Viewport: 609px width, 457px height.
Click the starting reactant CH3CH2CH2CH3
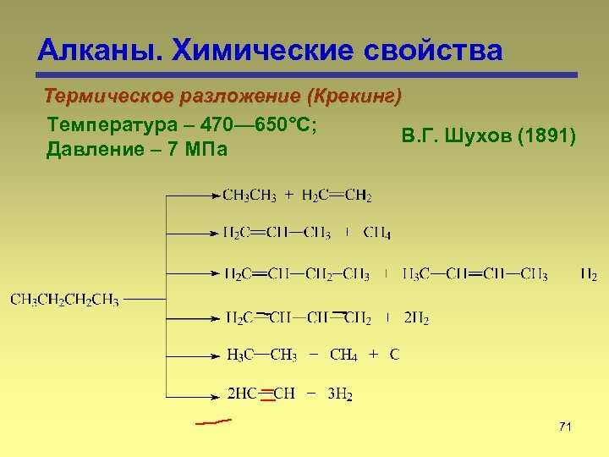[x=64, y=300]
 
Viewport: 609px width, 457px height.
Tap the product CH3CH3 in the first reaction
[x=250, y=196]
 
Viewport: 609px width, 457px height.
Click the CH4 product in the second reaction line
[x=377, y=234]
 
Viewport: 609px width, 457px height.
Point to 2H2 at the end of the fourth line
[x=416, y=319]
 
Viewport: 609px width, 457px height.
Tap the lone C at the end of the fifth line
[x=394, y=355]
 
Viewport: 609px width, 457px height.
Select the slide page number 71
[x=565, y=427]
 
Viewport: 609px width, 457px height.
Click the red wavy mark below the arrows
[x=212, y=421]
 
